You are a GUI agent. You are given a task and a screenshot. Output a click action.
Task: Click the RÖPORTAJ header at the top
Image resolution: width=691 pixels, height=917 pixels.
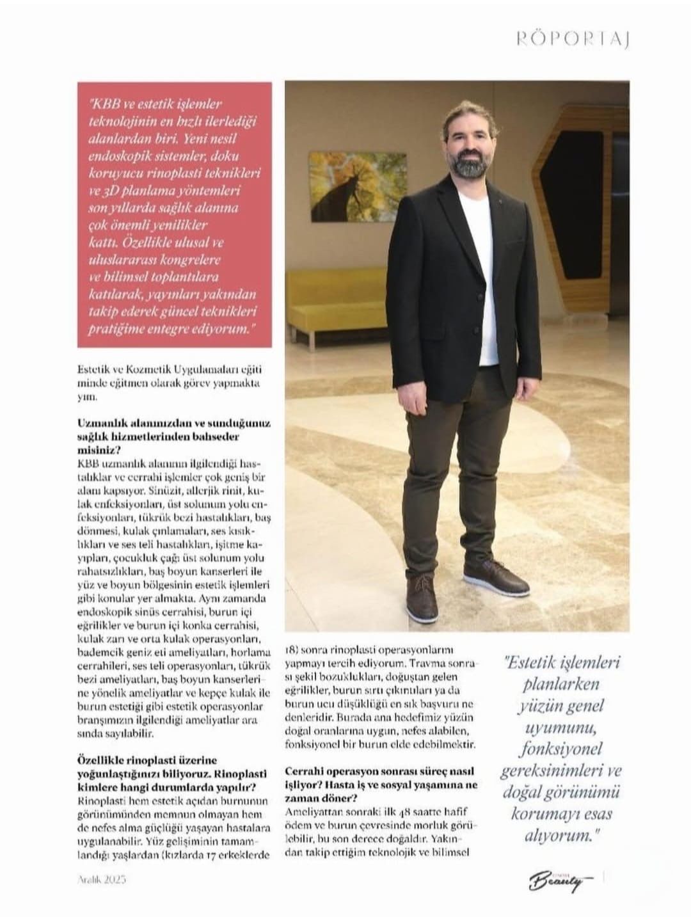[x=573, y=40]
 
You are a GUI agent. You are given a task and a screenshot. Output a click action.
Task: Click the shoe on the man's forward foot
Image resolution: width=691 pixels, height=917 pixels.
[x=422, y=596]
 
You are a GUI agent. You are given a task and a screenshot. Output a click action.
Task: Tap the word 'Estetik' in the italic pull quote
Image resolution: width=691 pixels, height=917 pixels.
[x=537, y=663]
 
